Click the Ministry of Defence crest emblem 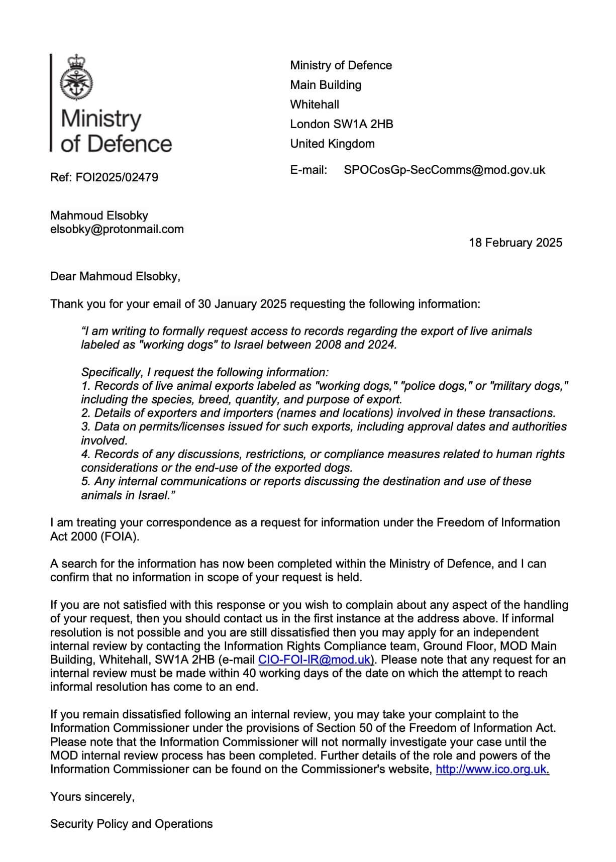coord(76,78)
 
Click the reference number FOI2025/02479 coord(117,177)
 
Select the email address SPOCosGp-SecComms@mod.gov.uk coord(444,170)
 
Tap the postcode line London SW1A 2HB coord(341,124)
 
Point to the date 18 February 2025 coord(516,243)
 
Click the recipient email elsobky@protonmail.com coord(117,230)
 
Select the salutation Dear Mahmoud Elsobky coord(115,276)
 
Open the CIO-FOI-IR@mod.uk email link coord(314,660)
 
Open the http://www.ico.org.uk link coord(492,769)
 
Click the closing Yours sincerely coord(92,797)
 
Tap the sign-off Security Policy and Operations coord(131,824)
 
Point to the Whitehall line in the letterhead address coord(315,104)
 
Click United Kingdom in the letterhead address coord(332,144)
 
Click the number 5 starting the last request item coord(84,481)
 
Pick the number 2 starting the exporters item coord(84,413)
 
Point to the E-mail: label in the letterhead coord(309,170)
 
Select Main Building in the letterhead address coord(326,85)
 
